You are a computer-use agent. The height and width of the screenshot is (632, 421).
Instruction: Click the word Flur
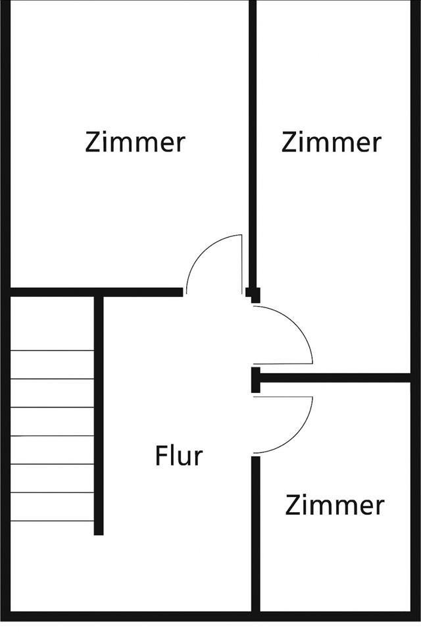[179, 456]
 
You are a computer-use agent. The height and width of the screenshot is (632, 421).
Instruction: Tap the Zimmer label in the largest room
[135, 142]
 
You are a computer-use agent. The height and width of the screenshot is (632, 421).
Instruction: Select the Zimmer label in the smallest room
[334, 506]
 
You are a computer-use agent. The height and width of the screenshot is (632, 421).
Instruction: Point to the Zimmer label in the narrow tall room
[331, 142]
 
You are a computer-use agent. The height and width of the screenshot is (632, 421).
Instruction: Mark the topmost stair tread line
[53, 350]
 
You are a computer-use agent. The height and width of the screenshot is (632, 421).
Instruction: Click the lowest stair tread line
[53, 521]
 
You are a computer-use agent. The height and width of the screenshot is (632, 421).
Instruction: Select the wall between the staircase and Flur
[99, 415]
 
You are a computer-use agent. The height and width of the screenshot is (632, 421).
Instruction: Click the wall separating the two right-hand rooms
[335, 377]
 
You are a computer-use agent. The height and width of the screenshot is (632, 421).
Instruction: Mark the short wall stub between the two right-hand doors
[255, 380]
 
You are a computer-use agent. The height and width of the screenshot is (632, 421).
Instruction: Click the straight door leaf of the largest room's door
[241, 263]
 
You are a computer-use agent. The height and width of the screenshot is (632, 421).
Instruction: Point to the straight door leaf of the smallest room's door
[283, 397]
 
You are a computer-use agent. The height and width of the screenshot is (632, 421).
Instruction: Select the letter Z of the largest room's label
[93, 142]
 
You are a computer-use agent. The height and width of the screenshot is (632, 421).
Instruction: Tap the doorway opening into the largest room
[214, 292]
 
